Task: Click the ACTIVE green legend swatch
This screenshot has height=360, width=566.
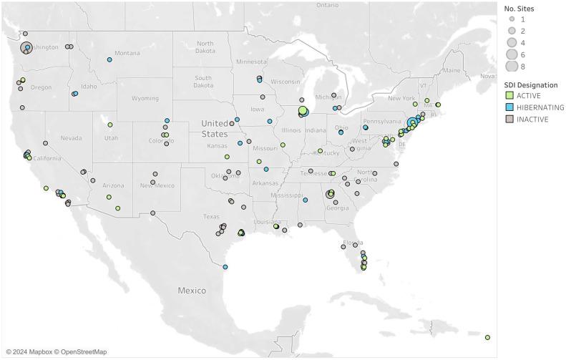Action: [508, 95]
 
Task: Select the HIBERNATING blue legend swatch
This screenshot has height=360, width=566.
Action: [508, 107]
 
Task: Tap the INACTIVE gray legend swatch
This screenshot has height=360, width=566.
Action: [508, 120]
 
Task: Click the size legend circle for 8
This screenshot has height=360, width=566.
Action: [511, 67]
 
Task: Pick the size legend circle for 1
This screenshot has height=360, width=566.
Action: [511, 20]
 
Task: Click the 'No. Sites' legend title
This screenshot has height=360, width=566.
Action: [519, 9]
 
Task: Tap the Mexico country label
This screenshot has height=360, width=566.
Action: [192, 291]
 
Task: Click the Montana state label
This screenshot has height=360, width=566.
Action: [127, 53]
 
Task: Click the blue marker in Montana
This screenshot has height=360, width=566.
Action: [109, 59]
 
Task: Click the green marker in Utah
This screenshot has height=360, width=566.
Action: [110, 125]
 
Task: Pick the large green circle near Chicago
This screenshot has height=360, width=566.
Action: [303, 110]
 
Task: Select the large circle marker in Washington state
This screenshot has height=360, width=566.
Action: [26, 48]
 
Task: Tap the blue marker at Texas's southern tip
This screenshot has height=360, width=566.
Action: [225, 267]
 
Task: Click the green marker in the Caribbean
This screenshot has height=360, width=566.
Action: [487, 337]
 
